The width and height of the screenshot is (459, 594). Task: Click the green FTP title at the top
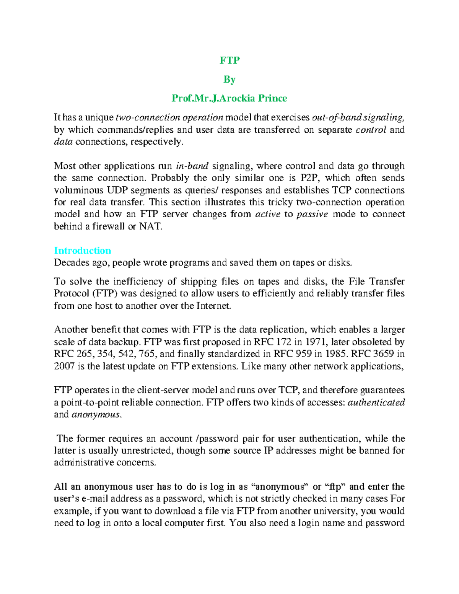tap(229, 60)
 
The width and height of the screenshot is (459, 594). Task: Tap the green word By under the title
tap(229, 80)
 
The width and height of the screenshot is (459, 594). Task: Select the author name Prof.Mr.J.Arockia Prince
tap(229, 98)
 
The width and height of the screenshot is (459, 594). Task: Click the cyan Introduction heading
tap(82, 251)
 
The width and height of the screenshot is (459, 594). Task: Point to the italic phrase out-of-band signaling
tap(358, 117)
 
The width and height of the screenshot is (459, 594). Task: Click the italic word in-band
tap(192, 166)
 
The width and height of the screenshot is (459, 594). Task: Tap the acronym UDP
tap(117, 190)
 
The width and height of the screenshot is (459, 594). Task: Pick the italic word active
tap(267, 214)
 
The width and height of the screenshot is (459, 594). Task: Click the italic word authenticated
tap(376, 402)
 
